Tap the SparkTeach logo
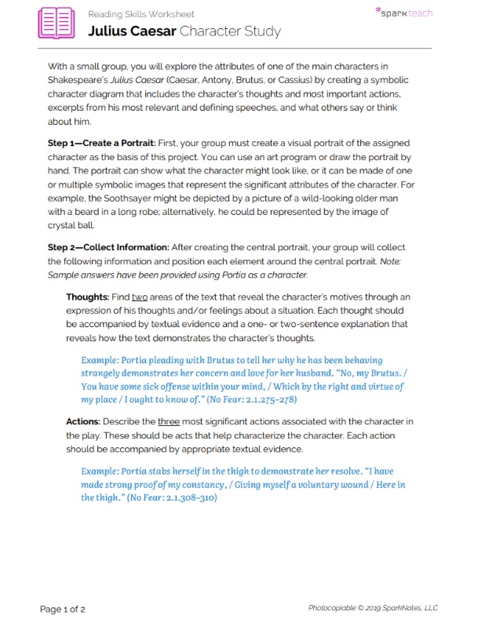pos(403,13)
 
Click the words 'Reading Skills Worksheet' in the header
pos(141,14)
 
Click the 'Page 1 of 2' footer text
pos(63,608)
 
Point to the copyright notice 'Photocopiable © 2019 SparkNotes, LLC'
pos(373,608)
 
